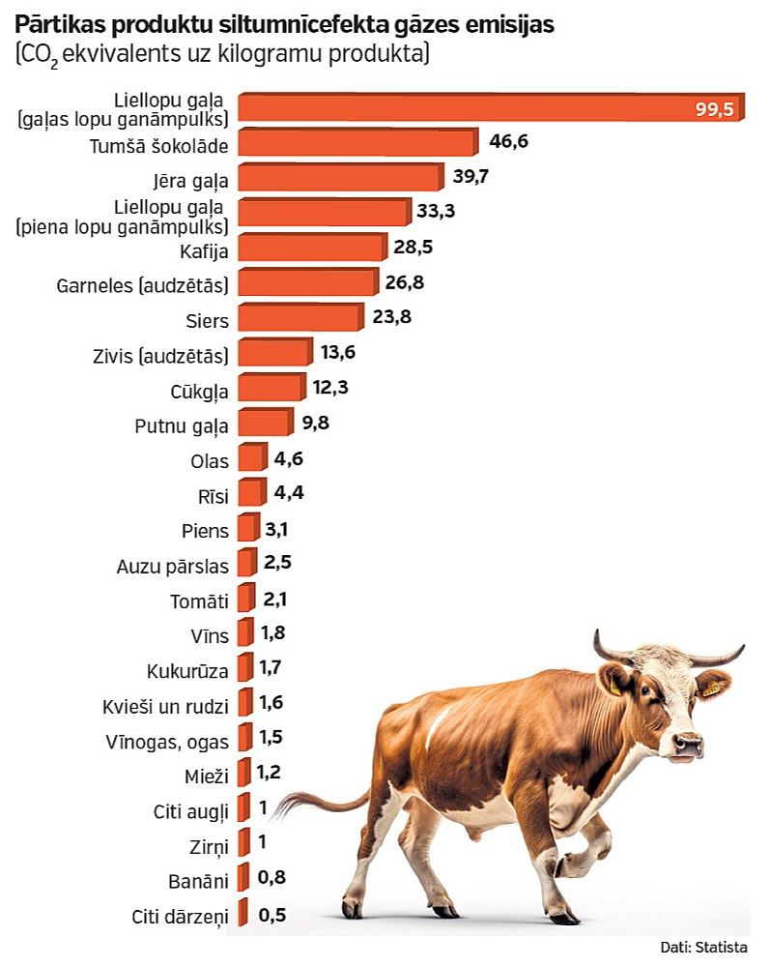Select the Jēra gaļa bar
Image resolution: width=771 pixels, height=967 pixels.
[x=339, y=178]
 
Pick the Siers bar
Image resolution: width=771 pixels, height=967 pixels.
[x=299, y=317]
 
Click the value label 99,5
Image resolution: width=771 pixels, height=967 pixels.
[x=715, y=109]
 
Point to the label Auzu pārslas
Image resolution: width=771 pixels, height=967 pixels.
[x=173, y=567]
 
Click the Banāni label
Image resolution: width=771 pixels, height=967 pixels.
[x=197, y=881]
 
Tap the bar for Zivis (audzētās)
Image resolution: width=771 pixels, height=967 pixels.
[x=274, y=353]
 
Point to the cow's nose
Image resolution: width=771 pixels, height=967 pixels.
[x=688, y=745]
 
